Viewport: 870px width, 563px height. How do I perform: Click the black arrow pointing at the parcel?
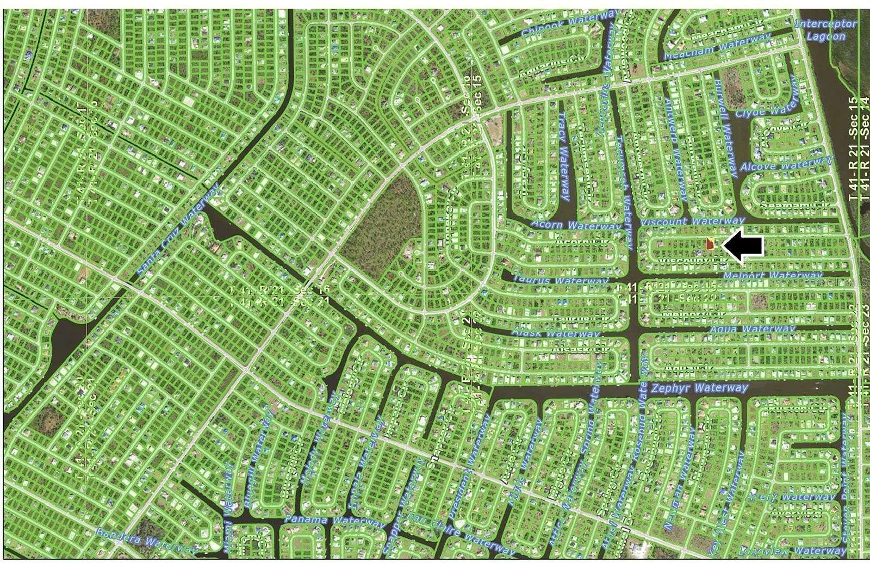[x=745, y=247]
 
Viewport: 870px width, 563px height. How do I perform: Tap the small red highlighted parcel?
[x=710, y=245]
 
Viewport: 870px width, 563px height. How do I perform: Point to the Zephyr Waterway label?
[x=699, y=388]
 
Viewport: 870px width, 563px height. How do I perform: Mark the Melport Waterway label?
[x=773, y=276]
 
